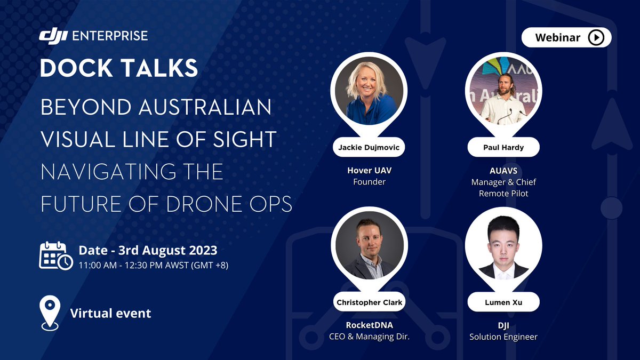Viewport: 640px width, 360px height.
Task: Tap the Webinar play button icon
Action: coord(596,37)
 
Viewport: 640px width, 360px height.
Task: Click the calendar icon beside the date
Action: coord(55,255)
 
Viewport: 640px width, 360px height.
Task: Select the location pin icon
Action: coord(50,314)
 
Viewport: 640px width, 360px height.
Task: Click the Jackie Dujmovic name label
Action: coord(369,148)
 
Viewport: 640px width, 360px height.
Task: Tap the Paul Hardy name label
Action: coord(503,148)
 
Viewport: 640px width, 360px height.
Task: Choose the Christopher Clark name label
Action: coord(369,302)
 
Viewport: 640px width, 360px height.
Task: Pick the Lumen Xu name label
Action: coord(503,302)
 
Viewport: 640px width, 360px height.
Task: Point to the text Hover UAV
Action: coord(369,170)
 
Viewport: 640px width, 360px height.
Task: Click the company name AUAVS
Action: coord(503,170)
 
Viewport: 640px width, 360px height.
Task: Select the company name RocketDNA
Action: coord(369,325)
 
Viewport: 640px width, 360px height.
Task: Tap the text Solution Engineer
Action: coord(503,337)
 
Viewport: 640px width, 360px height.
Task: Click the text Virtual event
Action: coord(111,313)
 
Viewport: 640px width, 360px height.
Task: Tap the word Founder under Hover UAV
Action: coord(369,182)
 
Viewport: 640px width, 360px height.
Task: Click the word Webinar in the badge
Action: coord(558,37)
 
